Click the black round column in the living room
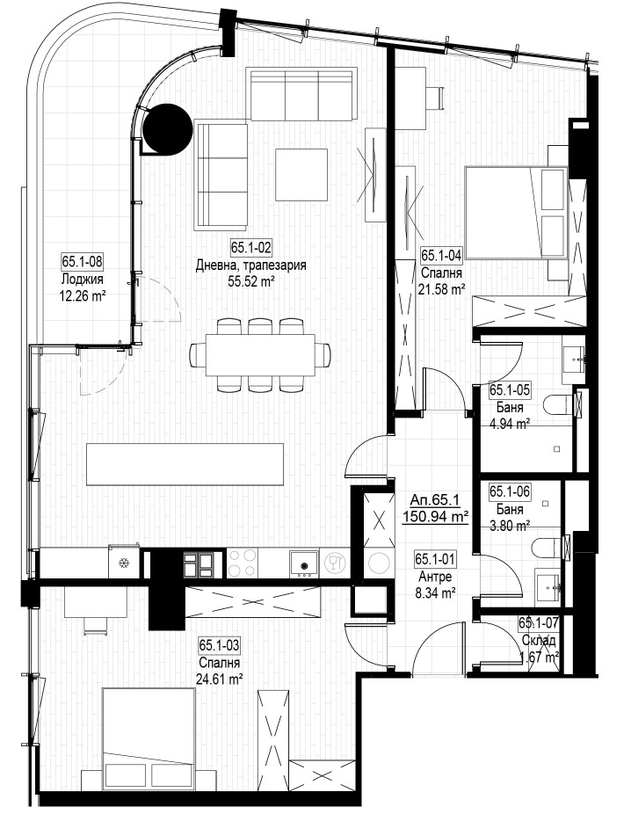pos(167,129)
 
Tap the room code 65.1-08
pos(83,261)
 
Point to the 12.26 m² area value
pos(83,296)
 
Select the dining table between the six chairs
pos(260,354)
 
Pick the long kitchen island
pos(185,464)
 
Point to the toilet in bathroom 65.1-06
pos(550,547)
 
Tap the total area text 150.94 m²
pos(435,517)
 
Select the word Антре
pos(434,577)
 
